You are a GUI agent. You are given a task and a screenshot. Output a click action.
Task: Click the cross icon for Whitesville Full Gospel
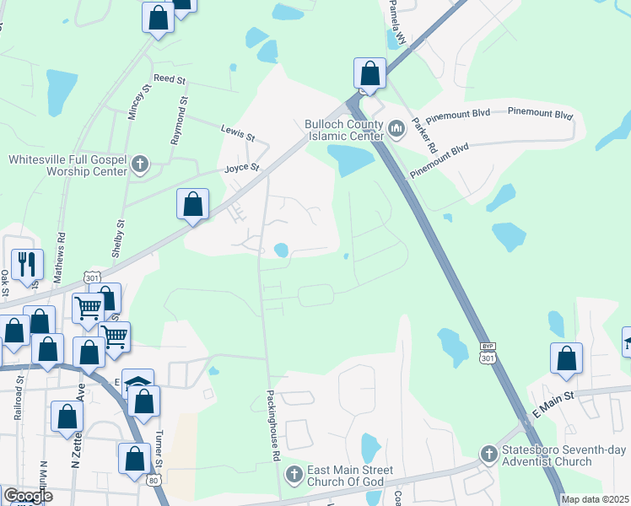tap(141, 164)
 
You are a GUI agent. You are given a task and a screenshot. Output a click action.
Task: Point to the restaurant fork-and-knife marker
tap(27, 264)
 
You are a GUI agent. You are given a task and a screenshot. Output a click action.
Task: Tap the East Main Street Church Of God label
tap(347, 475)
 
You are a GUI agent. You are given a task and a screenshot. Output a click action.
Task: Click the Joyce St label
tap(240, 169)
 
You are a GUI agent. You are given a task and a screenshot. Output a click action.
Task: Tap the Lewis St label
tap(237, 131)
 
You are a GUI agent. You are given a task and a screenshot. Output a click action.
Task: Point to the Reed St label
tap(169, 78)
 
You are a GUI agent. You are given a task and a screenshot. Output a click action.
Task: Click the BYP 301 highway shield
tap(487, 353)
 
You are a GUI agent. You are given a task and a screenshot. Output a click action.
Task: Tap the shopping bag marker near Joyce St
tap(193, 204)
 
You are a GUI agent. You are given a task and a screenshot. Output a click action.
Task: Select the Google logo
tap(28, 496)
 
